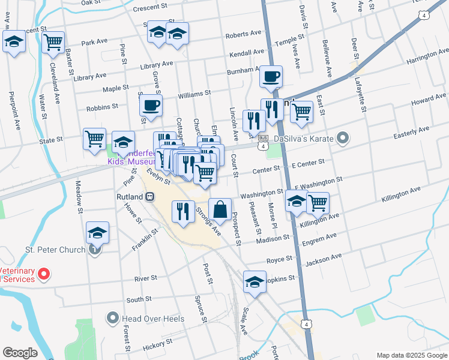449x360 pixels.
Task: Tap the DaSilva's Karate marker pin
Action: coord(343,139)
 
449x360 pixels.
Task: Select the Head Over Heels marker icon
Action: coord(112,318)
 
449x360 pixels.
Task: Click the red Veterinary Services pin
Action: coord(43,274)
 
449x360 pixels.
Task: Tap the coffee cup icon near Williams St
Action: coord(151,106)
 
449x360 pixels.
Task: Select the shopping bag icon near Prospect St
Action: coord(220,209)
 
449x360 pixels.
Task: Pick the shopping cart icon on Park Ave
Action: coord(54,41)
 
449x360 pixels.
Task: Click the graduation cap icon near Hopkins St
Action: coord(255,282)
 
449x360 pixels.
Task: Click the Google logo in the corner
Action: coord(20,352)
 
